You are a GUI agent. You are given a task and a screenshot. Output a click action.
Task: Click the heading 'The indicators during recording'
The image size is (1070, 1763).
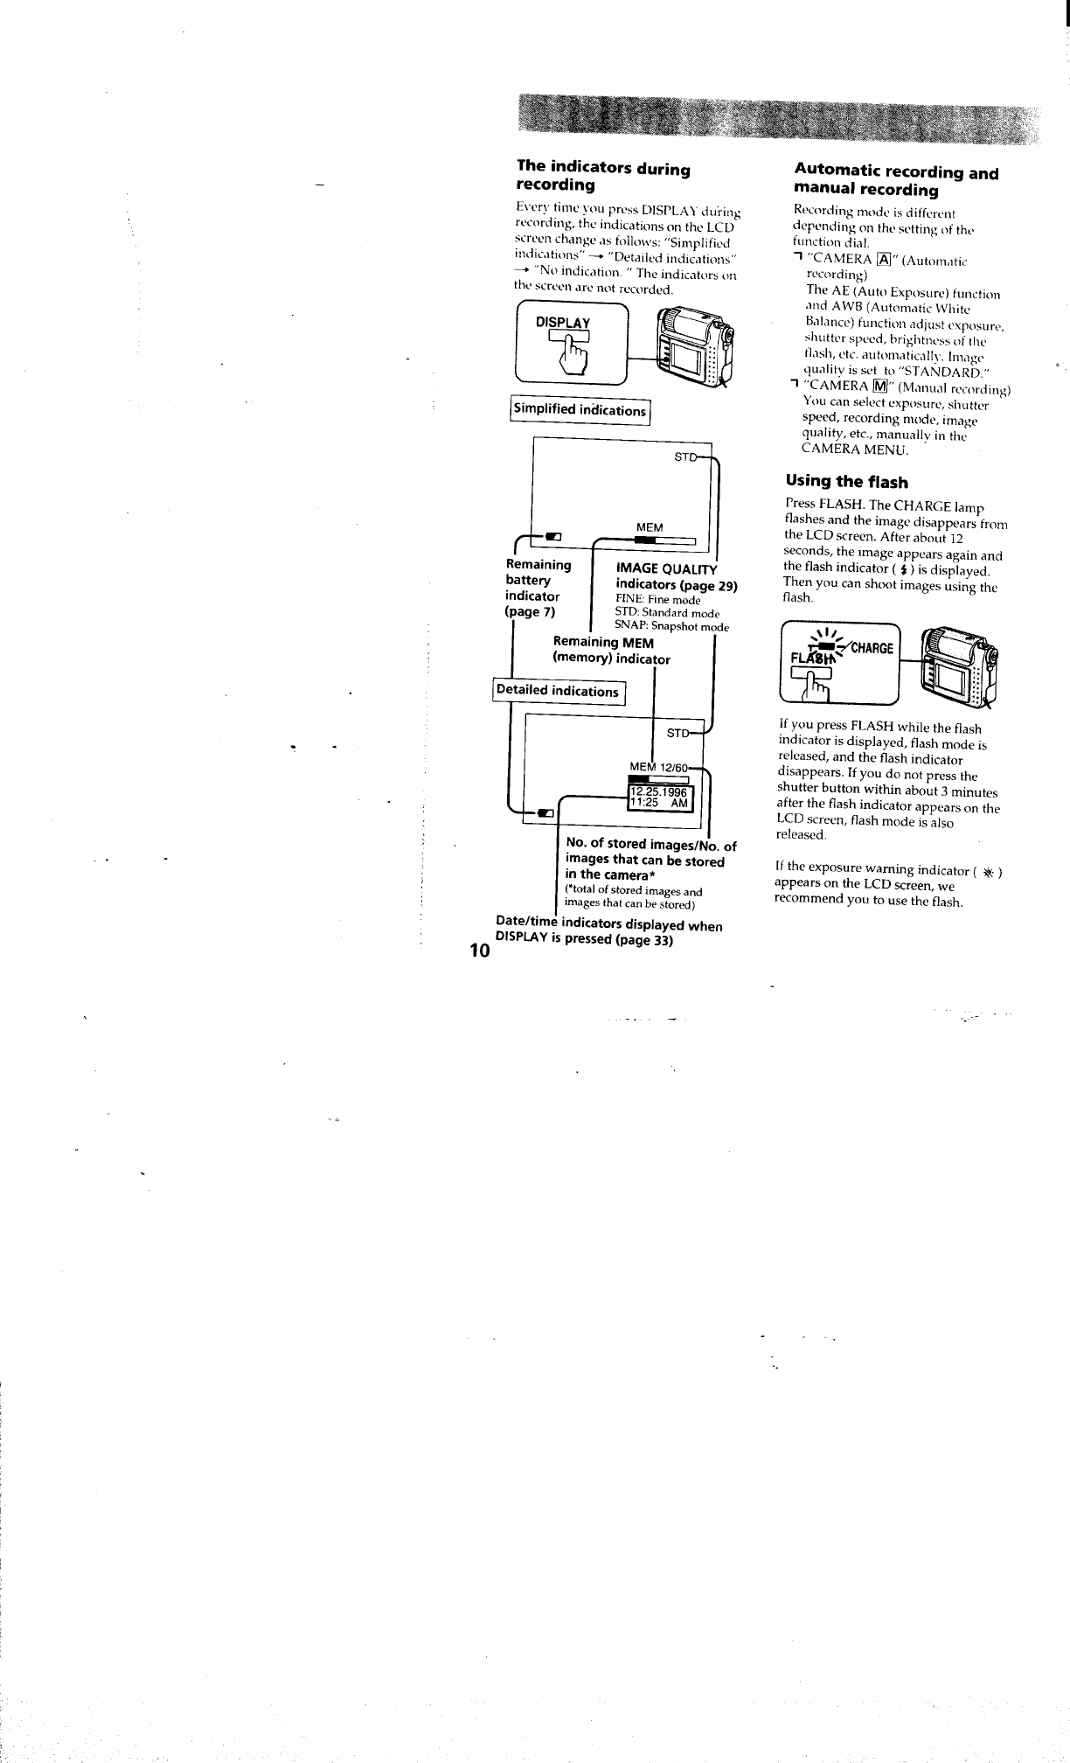point(603,176)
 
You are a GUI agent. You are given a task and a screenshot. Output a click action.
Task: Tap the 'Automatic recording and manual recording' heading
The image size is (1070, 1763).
point(895,181)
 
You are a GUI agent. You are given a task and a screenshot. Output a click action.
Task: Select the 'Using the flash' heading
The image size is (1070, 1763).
point(846,481)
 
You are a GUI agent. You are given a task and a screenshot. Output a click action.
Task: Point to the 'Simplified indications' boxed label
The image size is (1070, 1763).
point(580,410)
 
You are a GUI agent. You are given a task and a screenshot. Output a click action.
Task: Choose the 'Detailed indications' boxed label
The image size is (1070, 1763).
point(558,691)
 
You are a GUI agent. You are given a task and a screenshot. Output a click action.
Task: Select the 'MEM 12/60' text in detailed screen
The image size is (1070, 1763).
point(661,767)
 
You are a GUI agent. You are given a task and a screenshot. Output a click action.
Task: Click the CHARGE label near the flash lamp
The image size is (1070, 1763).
point(869,648)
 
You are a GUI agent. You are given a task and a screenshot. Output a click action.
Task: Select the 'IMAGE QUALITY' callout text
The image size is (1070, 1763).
point(666,570)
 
